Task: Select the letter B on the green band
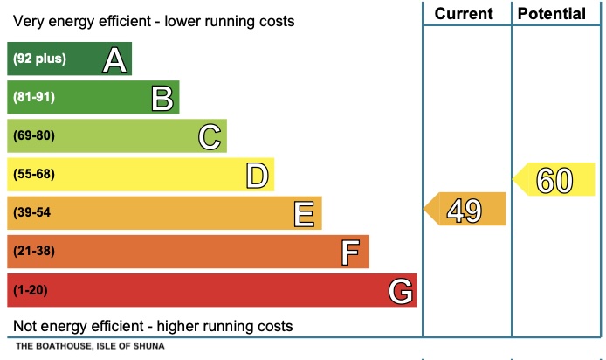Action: pyautogui.click(x=162, y=98)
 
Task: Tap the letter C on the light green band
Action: pyautogui.click(x=210, y=136)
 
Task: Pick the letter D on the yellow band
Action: pyautogui.click(x=257, y=175)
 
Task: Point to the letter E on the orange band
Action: pyautogui.click(x=304, y=213)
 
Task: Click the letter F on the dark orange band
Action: pyautogui.click(x=351, y=252)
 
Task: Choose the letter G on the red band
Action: pyautogui.click(x=400, y=290)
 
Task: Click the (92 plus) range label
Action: pyautogui.click(x=39, y=59)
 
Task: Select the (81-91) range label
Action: pyautogui.click(x=34, y=98)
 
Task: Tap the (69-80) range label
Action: pyautogui.click(x=34, y=136)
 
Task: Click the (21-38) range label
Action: pyautogui.click(x=34, y=252)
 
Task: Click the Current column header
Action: pyautogui.click(x=464, y=13)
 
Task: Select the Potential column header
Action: pyautogui.click(x=552, y=13)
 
